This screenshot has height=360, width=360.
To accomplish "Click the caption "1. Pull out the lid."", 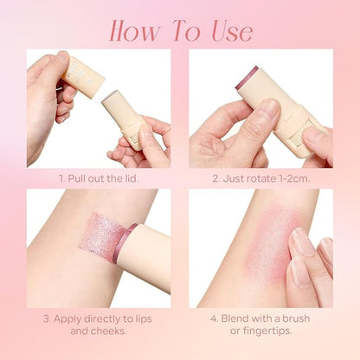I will click(98, 177).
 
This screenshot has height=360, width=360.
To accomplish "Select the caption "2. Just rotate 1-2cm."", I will click(260, 177).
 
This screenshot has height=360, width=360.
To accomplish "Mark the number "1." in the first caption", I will click(62, 177).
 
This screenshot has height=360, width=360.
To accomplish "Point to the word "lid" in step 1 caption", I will click(129, 177).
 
